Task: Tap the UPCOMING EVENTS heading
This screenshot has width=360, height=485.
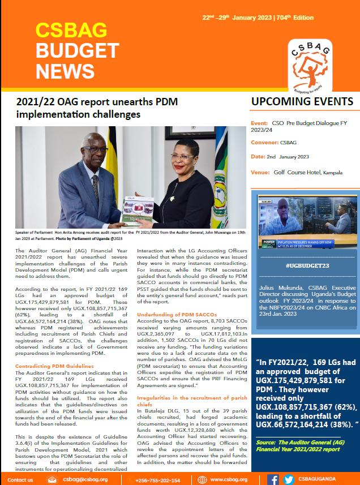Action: pos(303,102)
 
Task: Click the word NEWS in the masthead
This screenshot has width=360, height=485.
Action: pos(65,71)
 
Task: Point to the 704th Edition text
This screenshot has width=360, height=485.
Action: pos(295,18)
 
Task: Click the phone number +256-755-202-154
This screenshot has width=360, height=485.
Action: pos(158,479)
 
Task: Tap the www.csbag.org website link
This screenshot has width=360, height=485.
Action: pos(228,479)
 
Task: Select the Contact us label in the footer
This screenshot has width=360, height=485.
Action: pos(21,479)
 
